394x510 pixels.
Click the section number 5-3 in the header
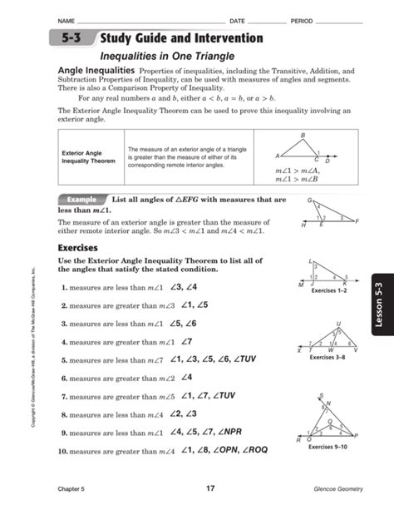coord(72,39)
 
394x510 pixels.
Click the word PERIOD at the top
coord(301,19)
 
